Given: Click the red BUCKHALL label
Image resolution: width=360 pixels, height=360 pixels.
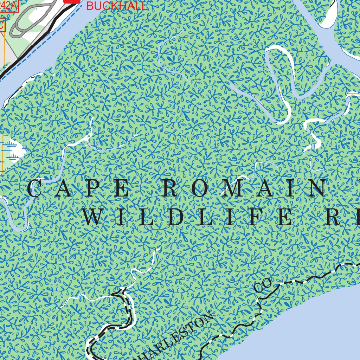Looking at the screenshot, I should pyautogui.click(x=117, y=6).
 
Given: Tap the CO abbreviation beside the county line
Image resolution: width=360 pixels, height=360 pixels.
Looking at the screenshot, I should pyautogui.click(x=263, y=285).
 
